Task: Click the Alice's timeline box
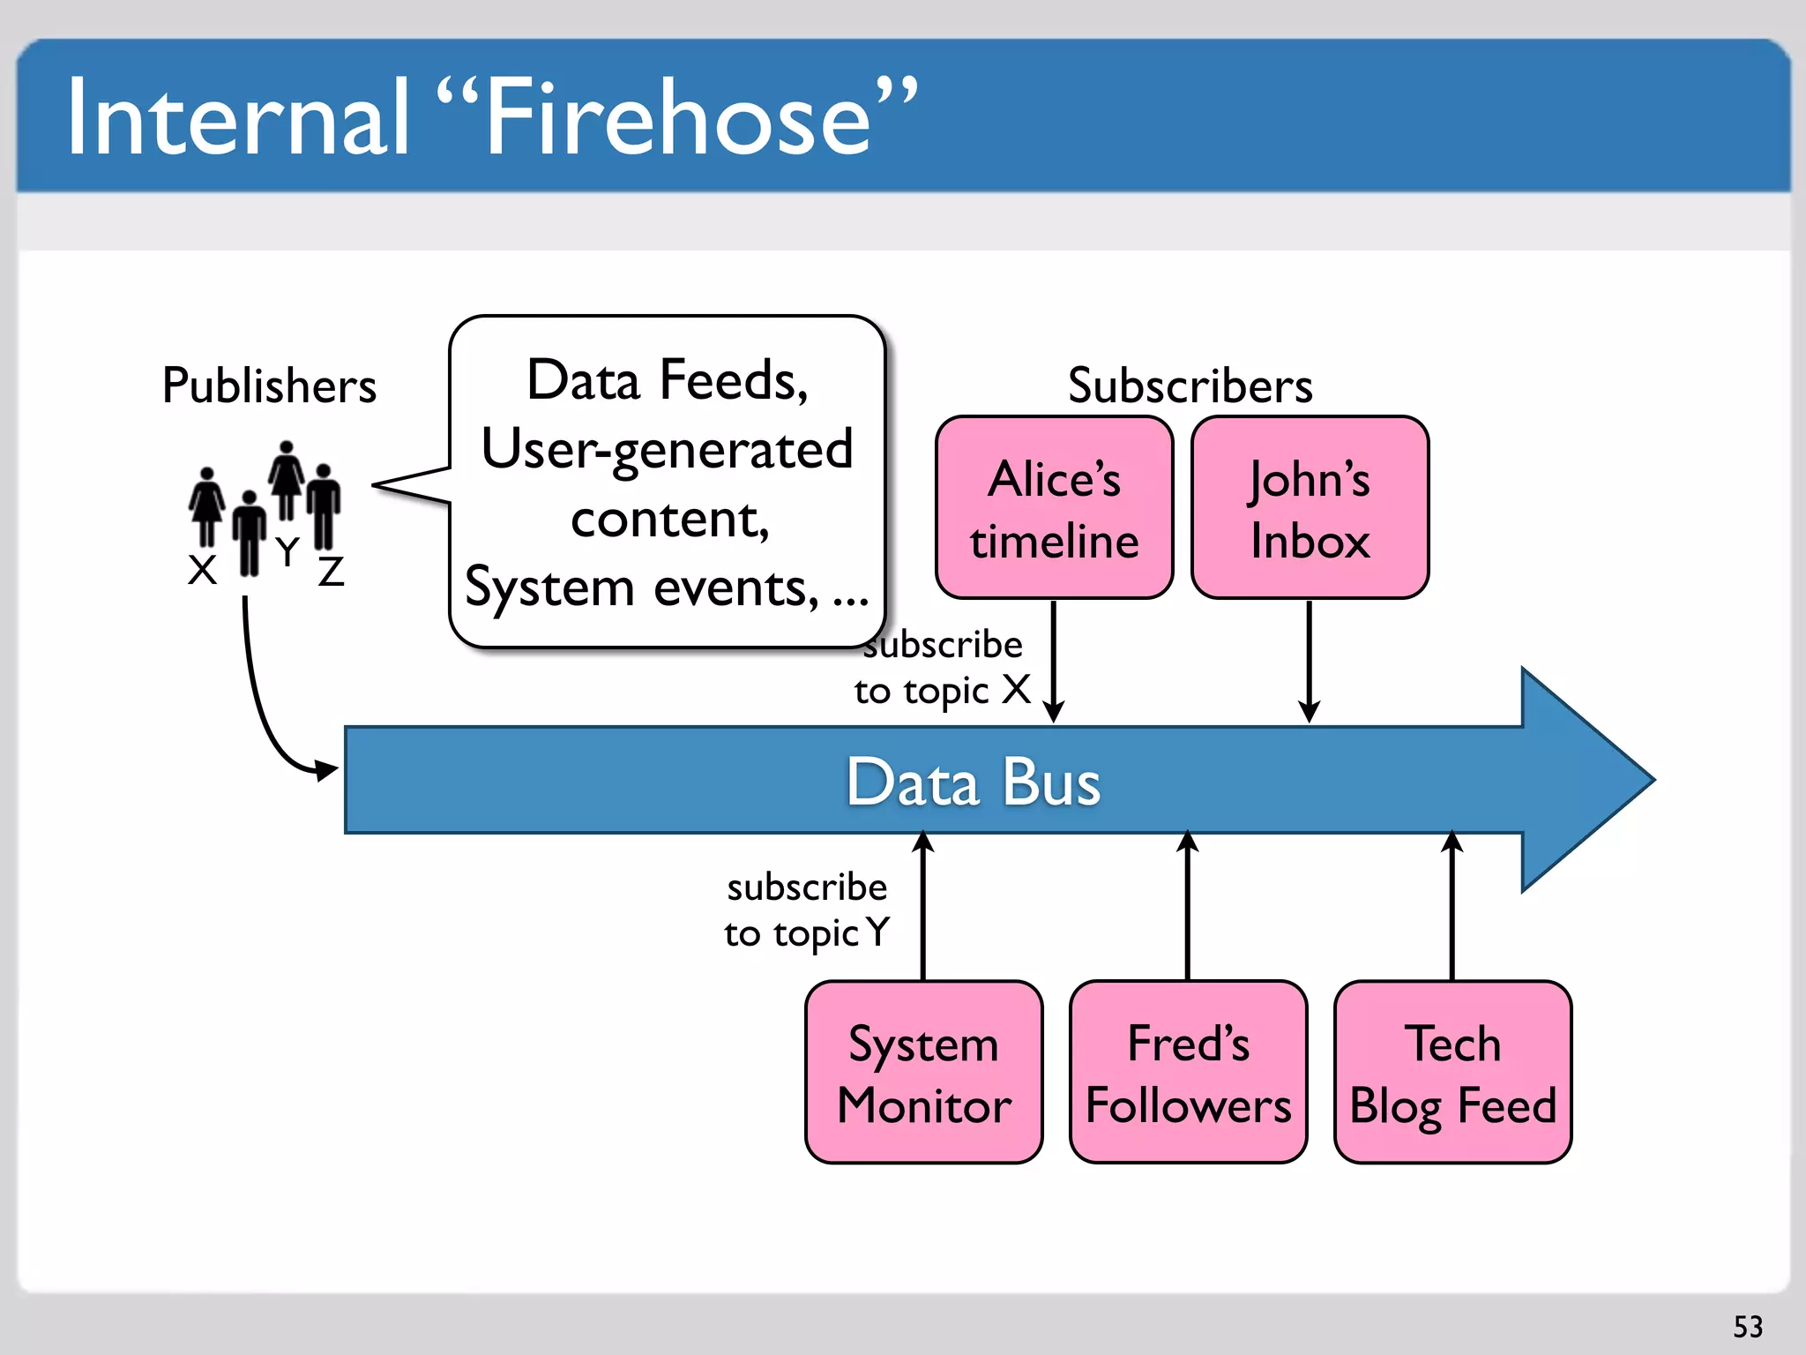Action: [1054, 508]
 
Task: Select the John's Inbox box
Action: [1310, 508]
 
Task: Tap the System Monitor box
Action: [923, 1073]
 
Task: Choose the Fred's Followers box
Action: [1188, 1073]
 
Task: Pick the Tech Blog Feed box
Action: [1452, 1073]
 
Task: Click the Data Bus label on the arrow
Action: [973, 782]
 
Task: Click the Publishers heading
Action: [269, 386]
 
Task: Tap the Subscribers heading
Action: [1190, 386]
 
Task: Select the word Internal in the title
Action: [238, 119]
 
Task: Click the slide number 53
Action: [1748, 1327]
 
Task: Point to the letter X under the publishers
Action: [202, 570]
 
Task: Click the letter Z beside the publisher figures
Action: [331, 572]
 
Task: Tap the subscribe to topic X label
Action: [940, 668]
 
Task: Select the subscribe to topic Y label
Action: [806, 910]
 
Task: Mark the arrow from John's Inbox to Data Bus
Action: [1310, 662]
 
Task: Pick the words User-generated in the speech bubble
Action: [668, 450]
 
